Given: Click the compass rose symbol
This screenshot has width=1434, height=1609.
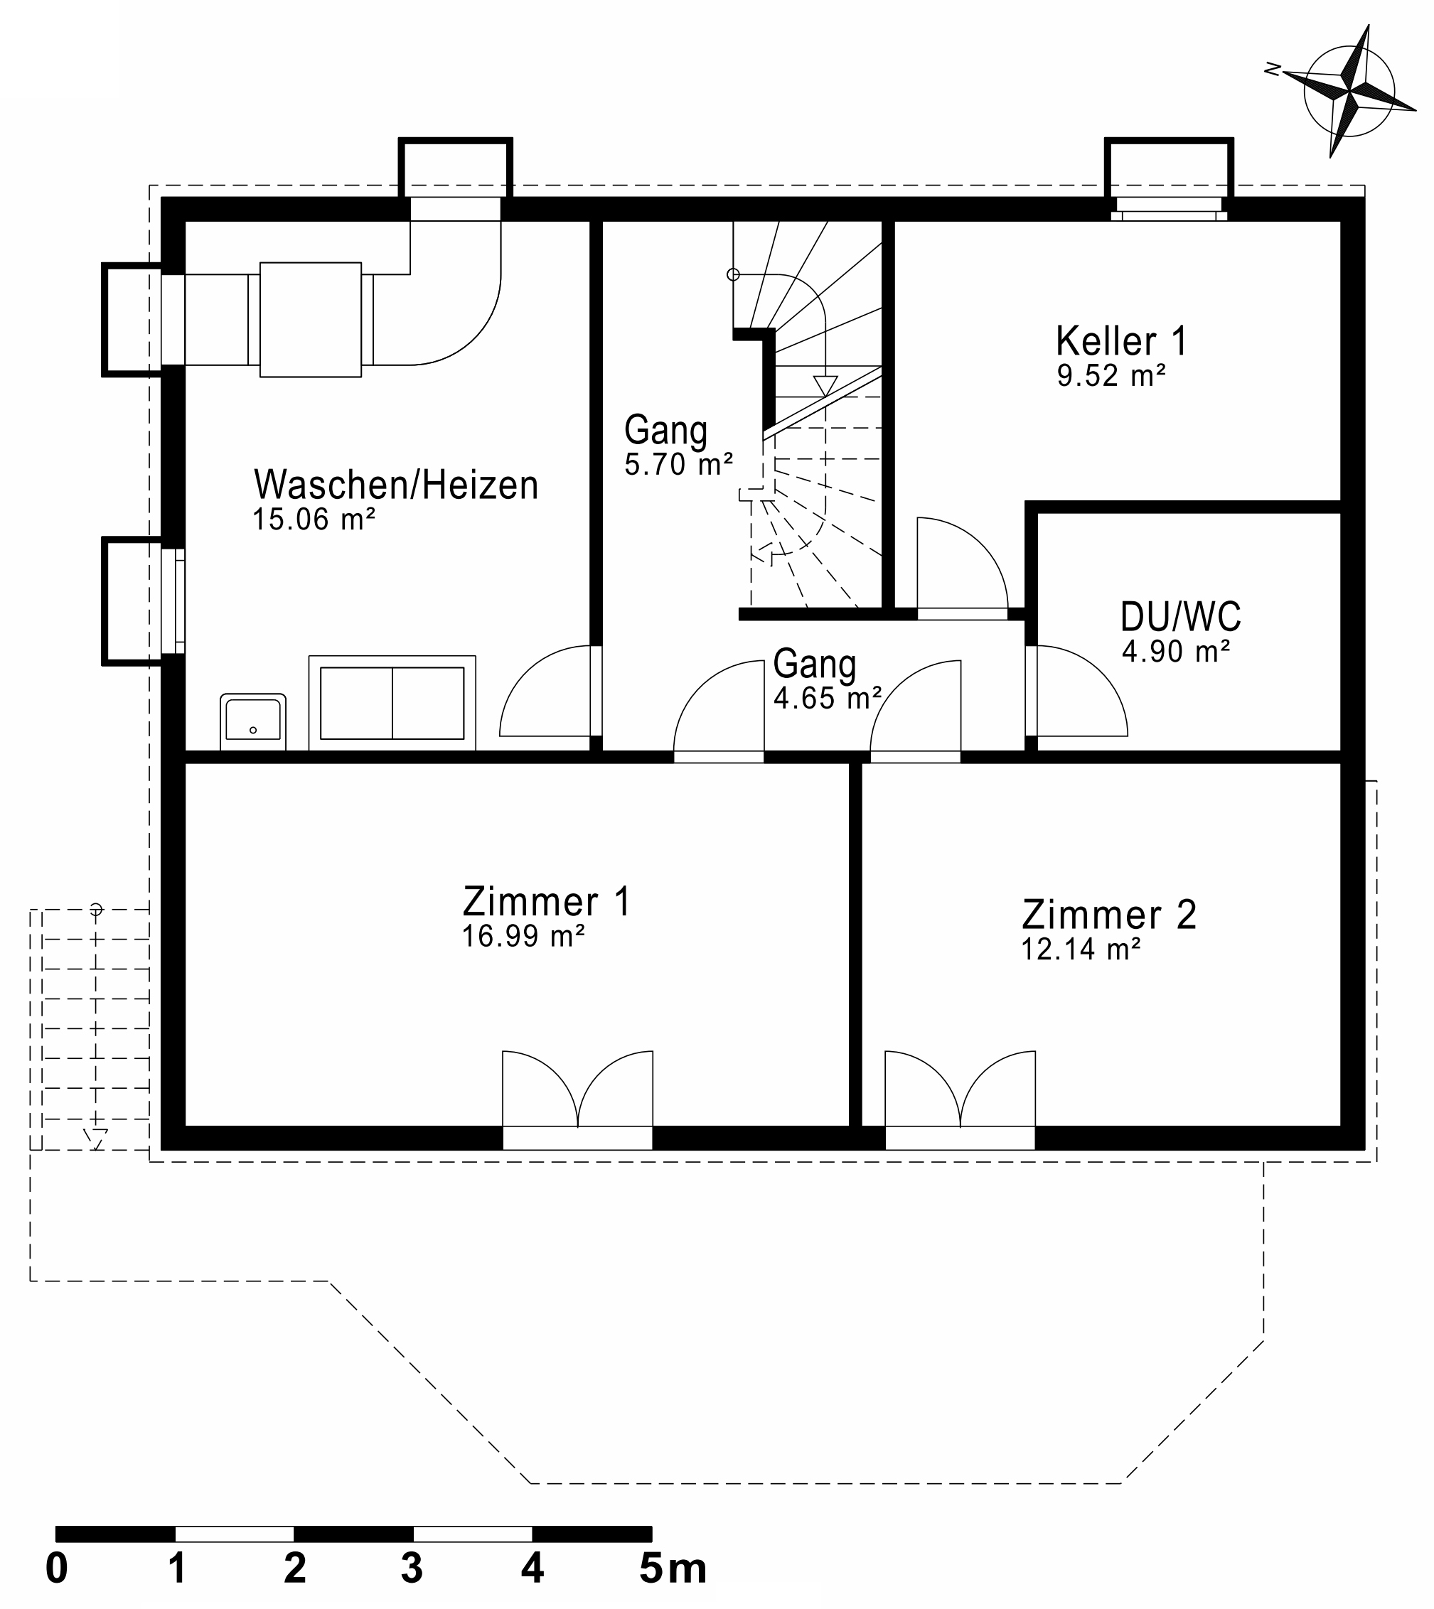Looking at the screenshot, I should pos(1348,92).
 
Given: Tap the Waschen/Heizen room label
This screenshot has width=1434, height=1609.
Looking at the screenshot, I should pos(395,485).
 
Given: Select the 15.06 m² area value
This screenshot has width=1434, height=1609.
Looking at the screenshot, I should pos(313,520).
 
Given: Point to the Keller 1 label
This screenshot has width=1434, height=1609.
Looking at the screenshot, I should pos(1120,342).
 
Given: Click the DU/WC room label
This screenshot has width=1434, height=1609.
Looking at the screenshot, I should pos(1179,618).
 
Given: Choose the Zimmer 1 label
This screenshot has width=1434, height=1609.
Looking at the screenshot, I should pos(546,902).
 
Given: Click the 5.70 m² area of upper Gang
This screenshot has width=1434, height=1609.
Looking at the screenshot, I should pos(678,465).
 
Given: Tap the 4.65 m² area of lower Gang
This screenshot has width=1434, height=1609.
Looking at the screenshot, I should pos(827,699).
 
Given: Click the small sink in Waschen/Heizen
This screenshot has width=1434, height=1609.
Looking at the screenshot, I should pos(253,721).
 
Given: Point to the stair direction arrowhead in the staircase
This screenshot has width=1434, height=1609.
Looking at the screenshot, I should pos(825,386).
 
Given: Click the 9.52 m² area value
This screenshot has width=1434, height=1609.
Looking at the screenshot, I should pos(1111,377).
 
